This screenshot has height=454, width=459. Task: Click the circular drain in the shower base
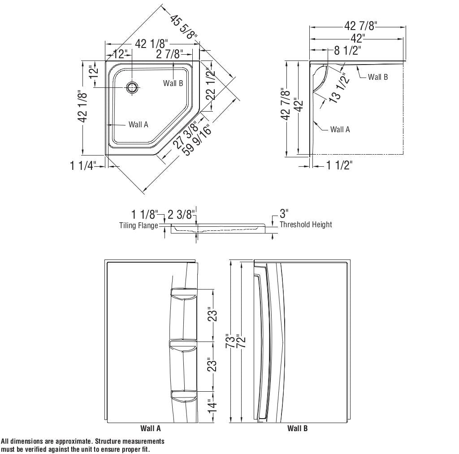[132, 87]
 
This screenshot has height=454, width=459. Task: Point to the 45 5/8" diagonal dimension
[184, 27]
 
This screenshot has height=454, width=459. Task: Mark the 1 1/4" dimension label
[83, 166]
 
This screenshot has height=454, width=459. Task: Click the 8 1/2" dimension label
[348, 50]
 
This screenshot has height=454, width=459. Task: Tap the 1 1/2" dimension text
[339, 165]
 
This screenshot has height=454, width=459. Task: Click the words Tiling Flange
[139, 225]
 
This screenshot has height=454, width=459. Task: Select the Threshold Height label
[306, 225]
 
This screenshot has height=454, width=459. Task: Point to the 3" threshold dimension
[284, 213]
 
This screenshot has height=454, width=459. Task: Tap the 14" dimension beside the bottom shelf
[213, 406]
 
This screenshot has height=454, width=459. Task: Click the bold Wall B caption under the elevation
[297, 428]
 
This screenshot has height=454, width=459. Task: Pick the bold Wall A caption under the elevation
[151, 428]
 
